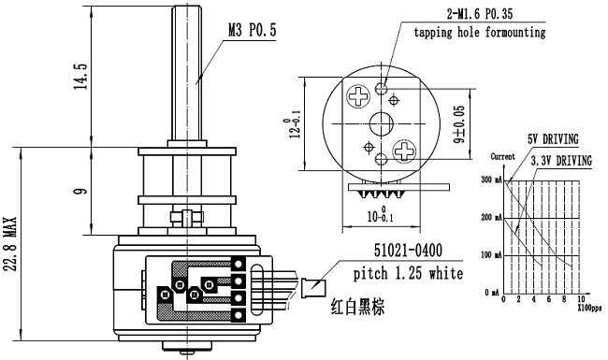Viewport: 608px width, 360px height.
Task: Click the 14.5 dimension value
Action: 81,76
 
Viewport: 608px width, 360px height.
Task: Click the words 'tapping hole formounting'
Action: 479,33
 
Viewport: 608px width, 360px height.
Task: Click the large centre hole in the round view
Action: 382,122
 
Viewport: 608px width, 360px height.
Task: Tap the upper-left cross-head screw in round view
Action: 359,96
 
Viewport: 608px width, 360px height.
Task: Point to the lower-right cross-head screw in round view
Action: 404,151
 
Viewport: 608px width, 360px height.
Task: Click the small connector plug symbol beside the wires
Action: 314,287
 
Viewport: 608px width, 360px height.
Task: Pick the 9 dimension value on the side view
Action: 81,192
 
